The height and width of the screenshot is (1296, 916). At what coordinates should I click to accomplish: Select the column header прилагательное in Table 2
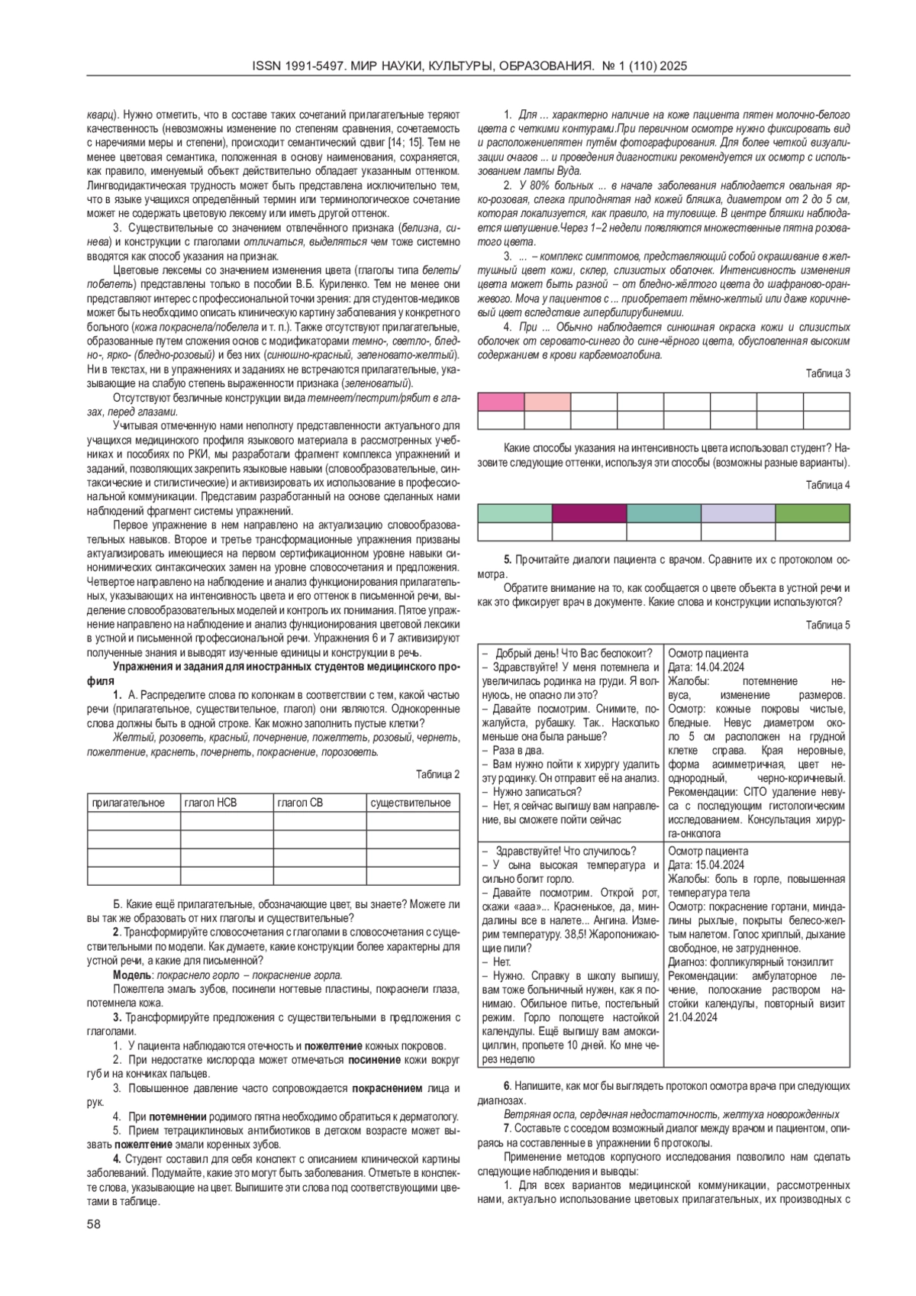pyautogui.click(x=128, y=803)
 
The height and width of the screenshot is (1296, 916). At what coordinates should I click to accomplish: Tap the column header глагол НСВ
pyautogui.click(x=210, y=803)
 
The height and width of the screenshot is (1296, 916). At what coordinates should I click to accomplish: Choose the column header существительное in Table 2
pyautogui.click(x=410, y=803)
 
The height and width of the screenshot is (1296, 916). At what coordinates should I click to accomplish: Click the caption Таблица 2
pyautogui.click(x=438, y=774)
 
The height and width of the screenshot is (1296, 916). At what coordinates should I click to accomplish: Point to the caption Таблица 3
pyautogui.click(x=827, y=373)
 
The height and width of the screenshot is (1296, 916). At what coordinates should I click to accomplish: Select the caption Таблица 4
pyautogui.click(x=827, y=485)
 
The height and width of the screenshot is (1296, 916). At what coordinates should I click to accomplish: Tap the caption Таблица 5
pyautogui.click(x=827, y=625)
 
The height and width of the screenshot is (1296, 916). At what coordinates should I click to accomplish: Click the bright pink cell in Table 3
pyautogui.click(x=501, y=402)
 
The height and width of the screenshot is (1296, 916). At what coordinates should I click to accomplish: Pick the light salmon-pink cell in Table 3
pyautogui.click(x=547, y=402)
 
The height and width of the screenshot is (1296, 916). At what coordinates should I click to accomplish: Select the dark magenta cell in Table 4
pyautogui.click(x=589, y=513)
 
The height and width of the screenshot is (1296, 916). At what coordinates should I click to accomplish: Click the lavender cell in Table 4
pyautogui.click(x=737, y=513)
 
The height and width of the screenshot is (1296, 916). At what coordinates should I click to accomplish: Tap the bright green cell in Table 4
pyautogui.click(x=812, y=513)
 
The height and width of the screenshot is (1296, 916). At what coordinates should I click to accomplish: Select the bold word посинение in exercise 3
pyautogui.click(x=374, y=1060)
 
